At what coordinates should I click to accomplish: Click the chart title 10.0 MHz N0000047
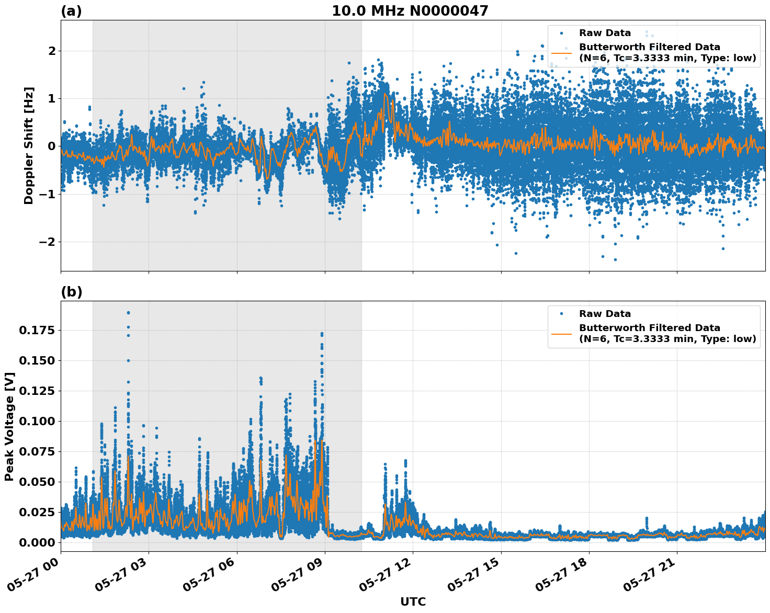(410, 11)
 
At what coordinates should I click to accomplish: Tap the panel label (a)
(71, 11)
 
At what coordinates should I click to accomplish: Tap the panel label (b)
(71, 292)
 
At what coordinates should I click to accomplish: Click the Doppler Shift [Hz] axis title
(29, 145)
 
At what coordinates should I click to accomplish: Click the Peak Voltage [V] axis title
(9, 426)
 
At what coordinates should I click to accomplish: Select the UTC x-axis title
(413, 601)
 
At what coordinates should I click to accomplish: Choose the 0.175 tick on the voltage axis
(37, 330)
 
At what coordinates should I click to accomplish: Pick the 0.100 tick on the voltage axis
(37, 421)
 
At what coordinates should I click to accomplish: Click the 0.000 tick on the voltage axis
(37, 542)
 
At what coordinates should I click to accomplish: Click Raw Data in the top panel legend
(605, 33)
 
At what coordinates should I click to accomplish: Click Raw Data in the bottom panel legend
(605, 314)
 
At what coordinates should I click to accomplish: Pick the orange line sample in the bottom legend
(561, 334)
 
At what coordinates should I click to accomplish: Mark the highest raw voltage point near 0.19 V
(128, 313)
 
